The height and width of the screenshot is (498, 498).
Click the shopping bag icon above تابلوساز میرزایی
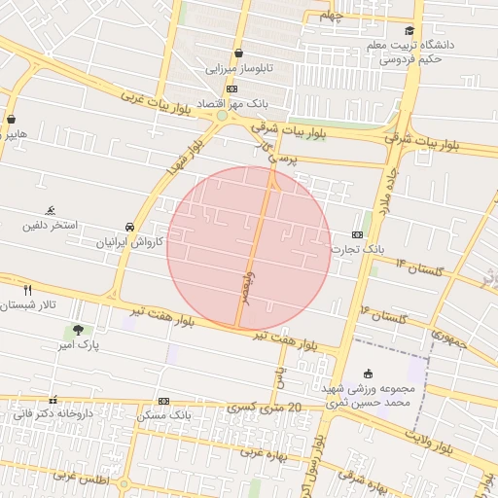238,53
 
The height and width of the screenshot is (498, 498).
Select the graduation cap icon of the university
409,30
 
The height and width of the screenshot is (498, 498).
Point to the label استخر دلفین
50,226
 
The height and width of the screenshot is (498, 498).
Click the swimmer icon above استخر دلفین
50,210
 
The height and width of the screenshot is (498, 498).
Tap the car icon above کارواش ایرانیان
130,226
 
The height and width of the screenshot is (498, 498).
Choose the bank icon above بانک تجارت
357,234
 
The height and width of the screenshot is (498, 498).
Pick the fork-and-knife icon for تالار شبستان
27,289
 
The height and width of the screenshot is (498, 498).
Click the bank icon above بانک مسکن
163,400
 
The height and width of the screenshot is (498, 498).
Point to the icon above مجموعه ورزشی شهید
368,374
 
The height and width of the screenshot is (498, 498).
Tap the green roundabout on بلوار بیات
222,117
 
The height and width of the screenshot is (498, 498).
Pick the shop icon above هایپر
11,120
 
